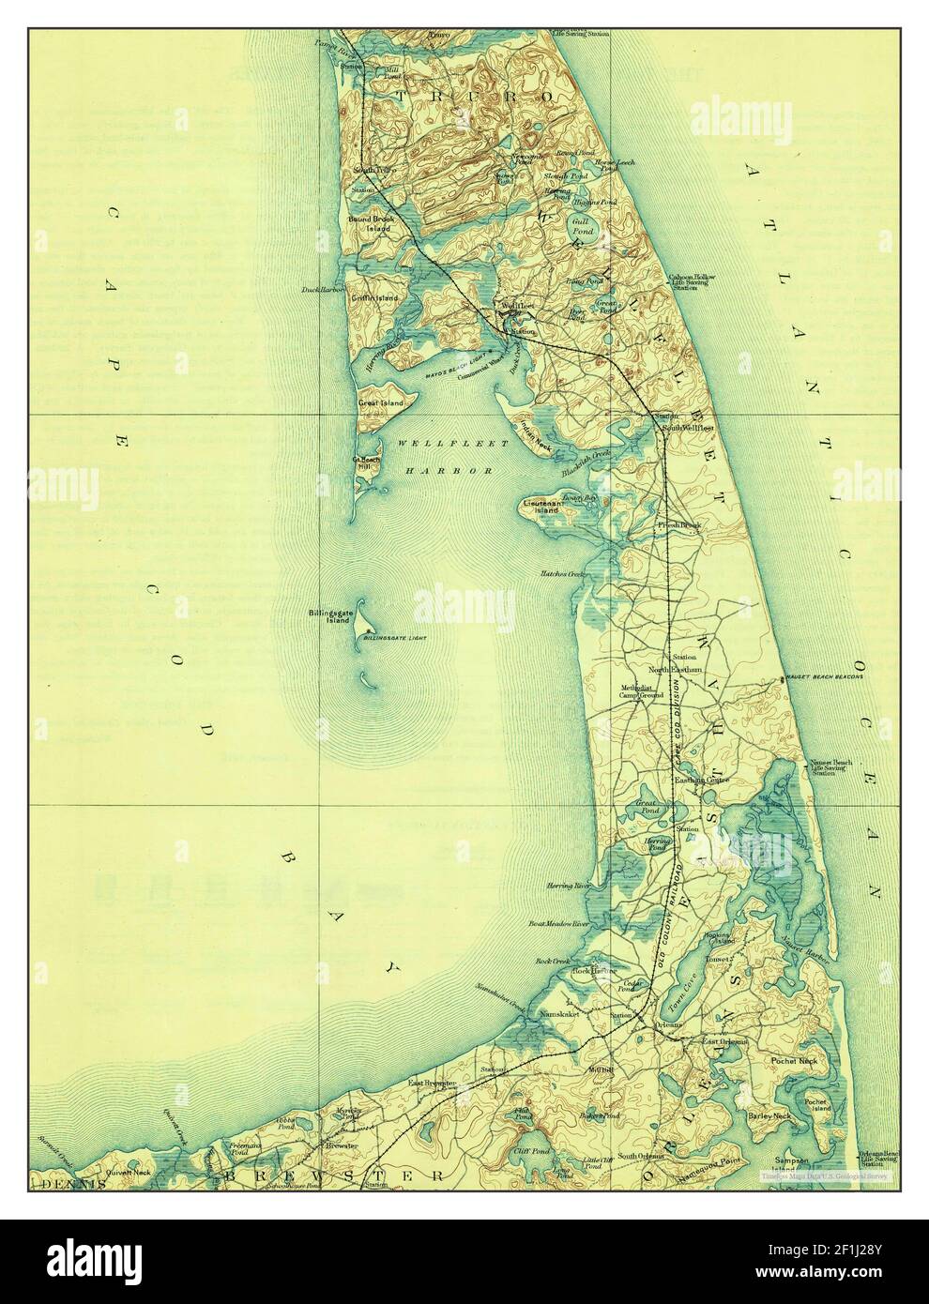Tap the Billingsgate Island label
coord(328,616)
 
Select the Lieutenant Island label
coord(543,509)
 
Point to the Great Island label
coord(380,403)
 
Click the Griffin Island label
coord(374,297)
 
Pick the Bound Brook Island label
coord(374,223)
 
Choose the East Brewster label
coord(432,1083)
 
